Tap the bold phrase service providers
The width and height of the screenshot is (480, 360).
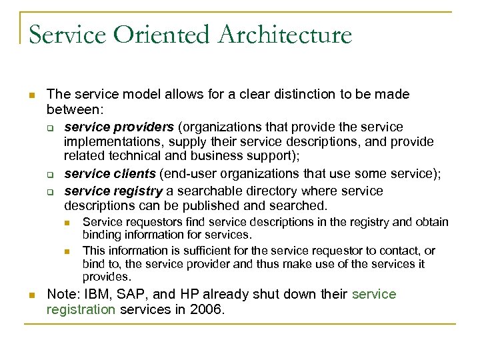119,127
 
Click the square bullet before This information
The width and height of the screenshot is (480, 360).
67,251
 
